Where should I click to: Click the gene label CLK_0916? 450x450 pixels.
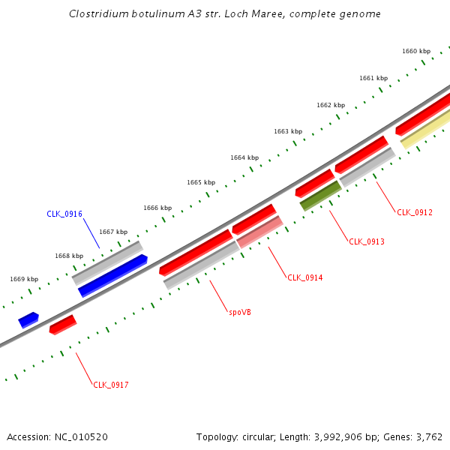(64, 214)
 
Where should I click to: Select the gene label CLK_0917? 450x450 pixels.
(111, 385)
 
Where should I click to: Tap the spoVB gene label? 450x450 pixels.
(240, 311)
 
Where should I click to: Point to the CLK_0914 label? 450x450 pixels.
(305, 277)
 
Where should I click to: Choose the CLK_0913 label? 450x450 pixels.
(367, 241)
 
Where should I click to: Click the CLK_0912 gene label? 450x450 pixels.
(415, 212)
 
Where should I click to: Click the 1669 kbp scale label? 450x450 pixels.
(24, 279)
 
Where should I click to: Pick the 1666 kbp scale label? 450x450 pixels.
(157, 208)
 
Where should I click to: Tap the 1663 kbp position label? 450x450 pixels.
(288, 131)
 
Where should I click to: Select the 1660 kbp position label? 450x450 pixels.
(416, 51)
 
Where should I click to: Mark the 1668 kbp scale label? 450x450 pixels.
(69, 256)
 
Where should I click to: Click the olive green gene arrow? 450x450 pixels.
(321, 195)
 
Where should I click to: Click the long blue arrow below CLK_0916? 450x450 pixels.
(112, 275)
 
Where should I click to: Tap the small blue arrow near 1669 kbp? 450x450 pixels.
(28, 319)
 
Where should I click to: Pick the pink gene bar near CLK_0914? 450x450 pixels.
(259, 232)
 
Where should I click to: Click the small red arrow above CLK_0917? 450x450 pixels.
(63, 325)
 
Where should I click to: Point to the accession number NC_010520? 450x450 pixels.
(82, 436)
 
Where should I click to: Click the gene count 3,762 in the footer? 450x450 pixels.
(429, 436)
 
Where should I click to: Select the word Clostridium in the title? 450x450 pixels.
(95, 13)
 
